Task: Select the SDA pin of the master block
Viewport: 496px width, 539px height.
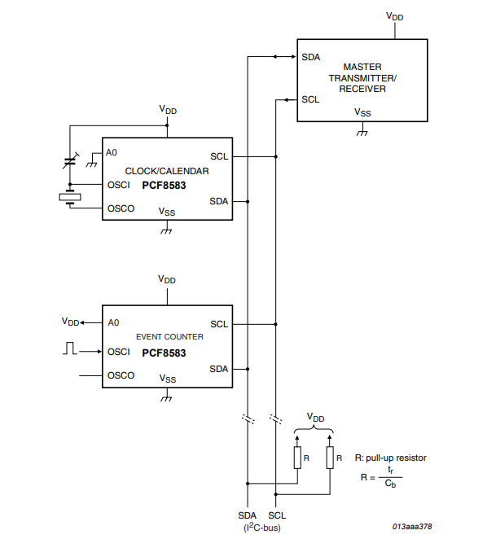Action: [x=310, y=57]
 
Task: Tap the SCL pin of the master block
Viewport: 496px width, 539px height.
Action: [x=310, y=99]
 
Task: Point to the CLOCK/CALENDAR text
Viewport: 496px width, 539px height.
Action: [x=167, y=171]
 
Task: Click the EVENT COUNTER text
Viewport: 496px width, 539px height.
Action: [x=167, y=335]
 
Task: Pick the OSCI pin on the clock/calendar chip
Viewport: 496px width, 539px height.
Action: [x=119, y=185]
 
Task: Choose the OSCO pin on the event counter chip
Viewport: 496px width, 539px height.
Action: [x=121, y=375]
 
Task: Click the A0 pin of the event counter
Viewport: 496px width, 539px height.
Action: [x=113, y=322]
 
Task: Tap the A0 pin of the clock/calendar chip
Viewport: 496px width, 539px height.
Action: [x=112, y=152]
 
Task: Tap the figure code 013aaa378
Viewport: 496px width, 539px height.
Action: [x=411, y=527]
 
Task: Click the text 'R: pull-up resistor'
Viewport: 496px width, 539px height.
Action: [x=390, y=458]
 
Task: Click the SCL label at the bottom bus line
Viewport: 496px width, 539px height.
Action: [x=277, y=515]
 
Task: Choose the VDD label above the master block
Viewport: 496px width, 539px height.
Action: [x=395, y=15]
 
